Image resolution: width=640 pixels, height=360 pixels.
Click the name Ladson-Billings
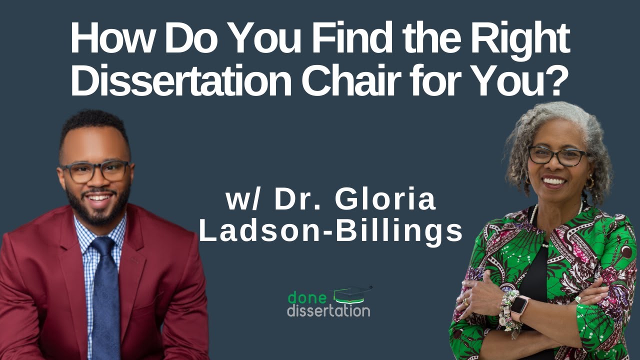[x=331, y=231]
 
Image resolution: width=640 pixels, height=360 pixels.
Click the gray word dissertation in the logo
[x=328, y=310]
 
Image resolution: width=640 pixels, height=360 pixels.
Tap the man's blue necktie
[x=104, y=295]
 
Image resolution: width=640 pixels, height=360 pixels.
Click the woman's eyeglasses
[x=557, y=156]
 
